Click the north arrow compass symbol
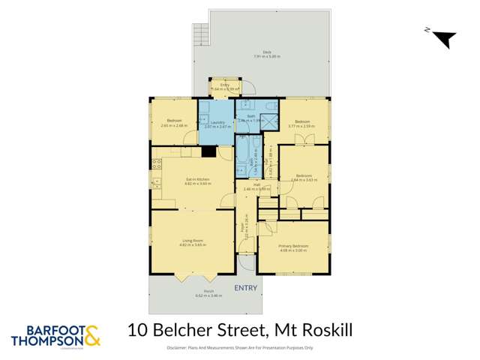[x=442, y=37]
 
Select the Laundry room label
[x=218, y=124]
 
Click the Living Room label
[x=193, y=242]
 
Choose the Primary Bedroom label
[x=293, y=248]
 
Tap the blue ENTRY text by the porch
[x=246, y=287]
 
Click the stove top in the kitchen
[x=157, y=180]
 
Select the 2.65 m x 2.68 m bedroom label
[x=172, y=124]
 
